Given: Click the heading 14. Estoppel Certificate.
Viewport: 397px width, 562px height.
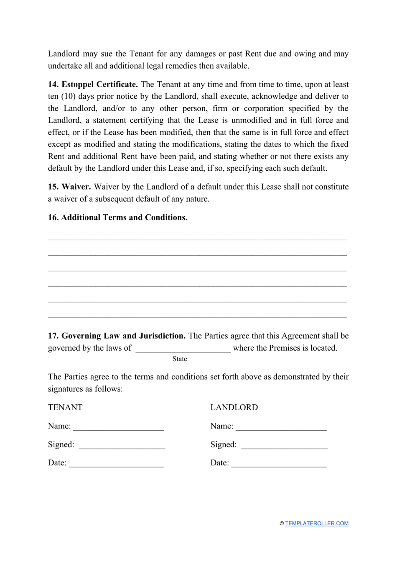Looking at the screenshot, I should pos(93,85).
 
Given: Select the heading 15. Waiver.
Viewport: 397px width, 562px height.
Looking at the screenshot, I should pos(69,187).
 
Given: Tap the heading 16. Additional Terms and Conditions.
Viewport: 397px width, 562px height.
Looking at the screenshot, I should pos(117,218).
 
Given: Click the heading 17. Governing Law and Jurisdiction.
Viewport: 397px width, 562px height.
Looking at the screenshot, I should pos(117,336).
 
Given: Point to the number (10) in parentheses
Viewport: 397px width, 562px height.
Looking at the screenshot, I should pos(69,97).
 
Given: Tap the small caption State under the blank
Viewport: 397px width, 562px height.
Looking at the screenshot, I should pos(180,359).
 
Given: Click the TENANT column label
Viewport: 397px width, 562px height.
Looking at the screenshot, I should pos(65,408).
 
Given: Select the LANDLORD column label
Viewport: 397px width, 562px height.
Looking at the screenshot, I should pos(234,408).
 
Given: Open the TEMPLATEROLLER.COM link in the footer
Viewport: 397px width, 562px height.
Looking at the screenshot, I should pos(317,524).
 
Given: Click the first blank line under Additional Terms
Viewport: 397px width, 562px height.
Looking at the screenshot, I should pos(197,239).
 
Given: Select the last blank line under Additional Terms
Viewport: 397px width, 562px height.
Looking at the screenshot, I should pos(197,316).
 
